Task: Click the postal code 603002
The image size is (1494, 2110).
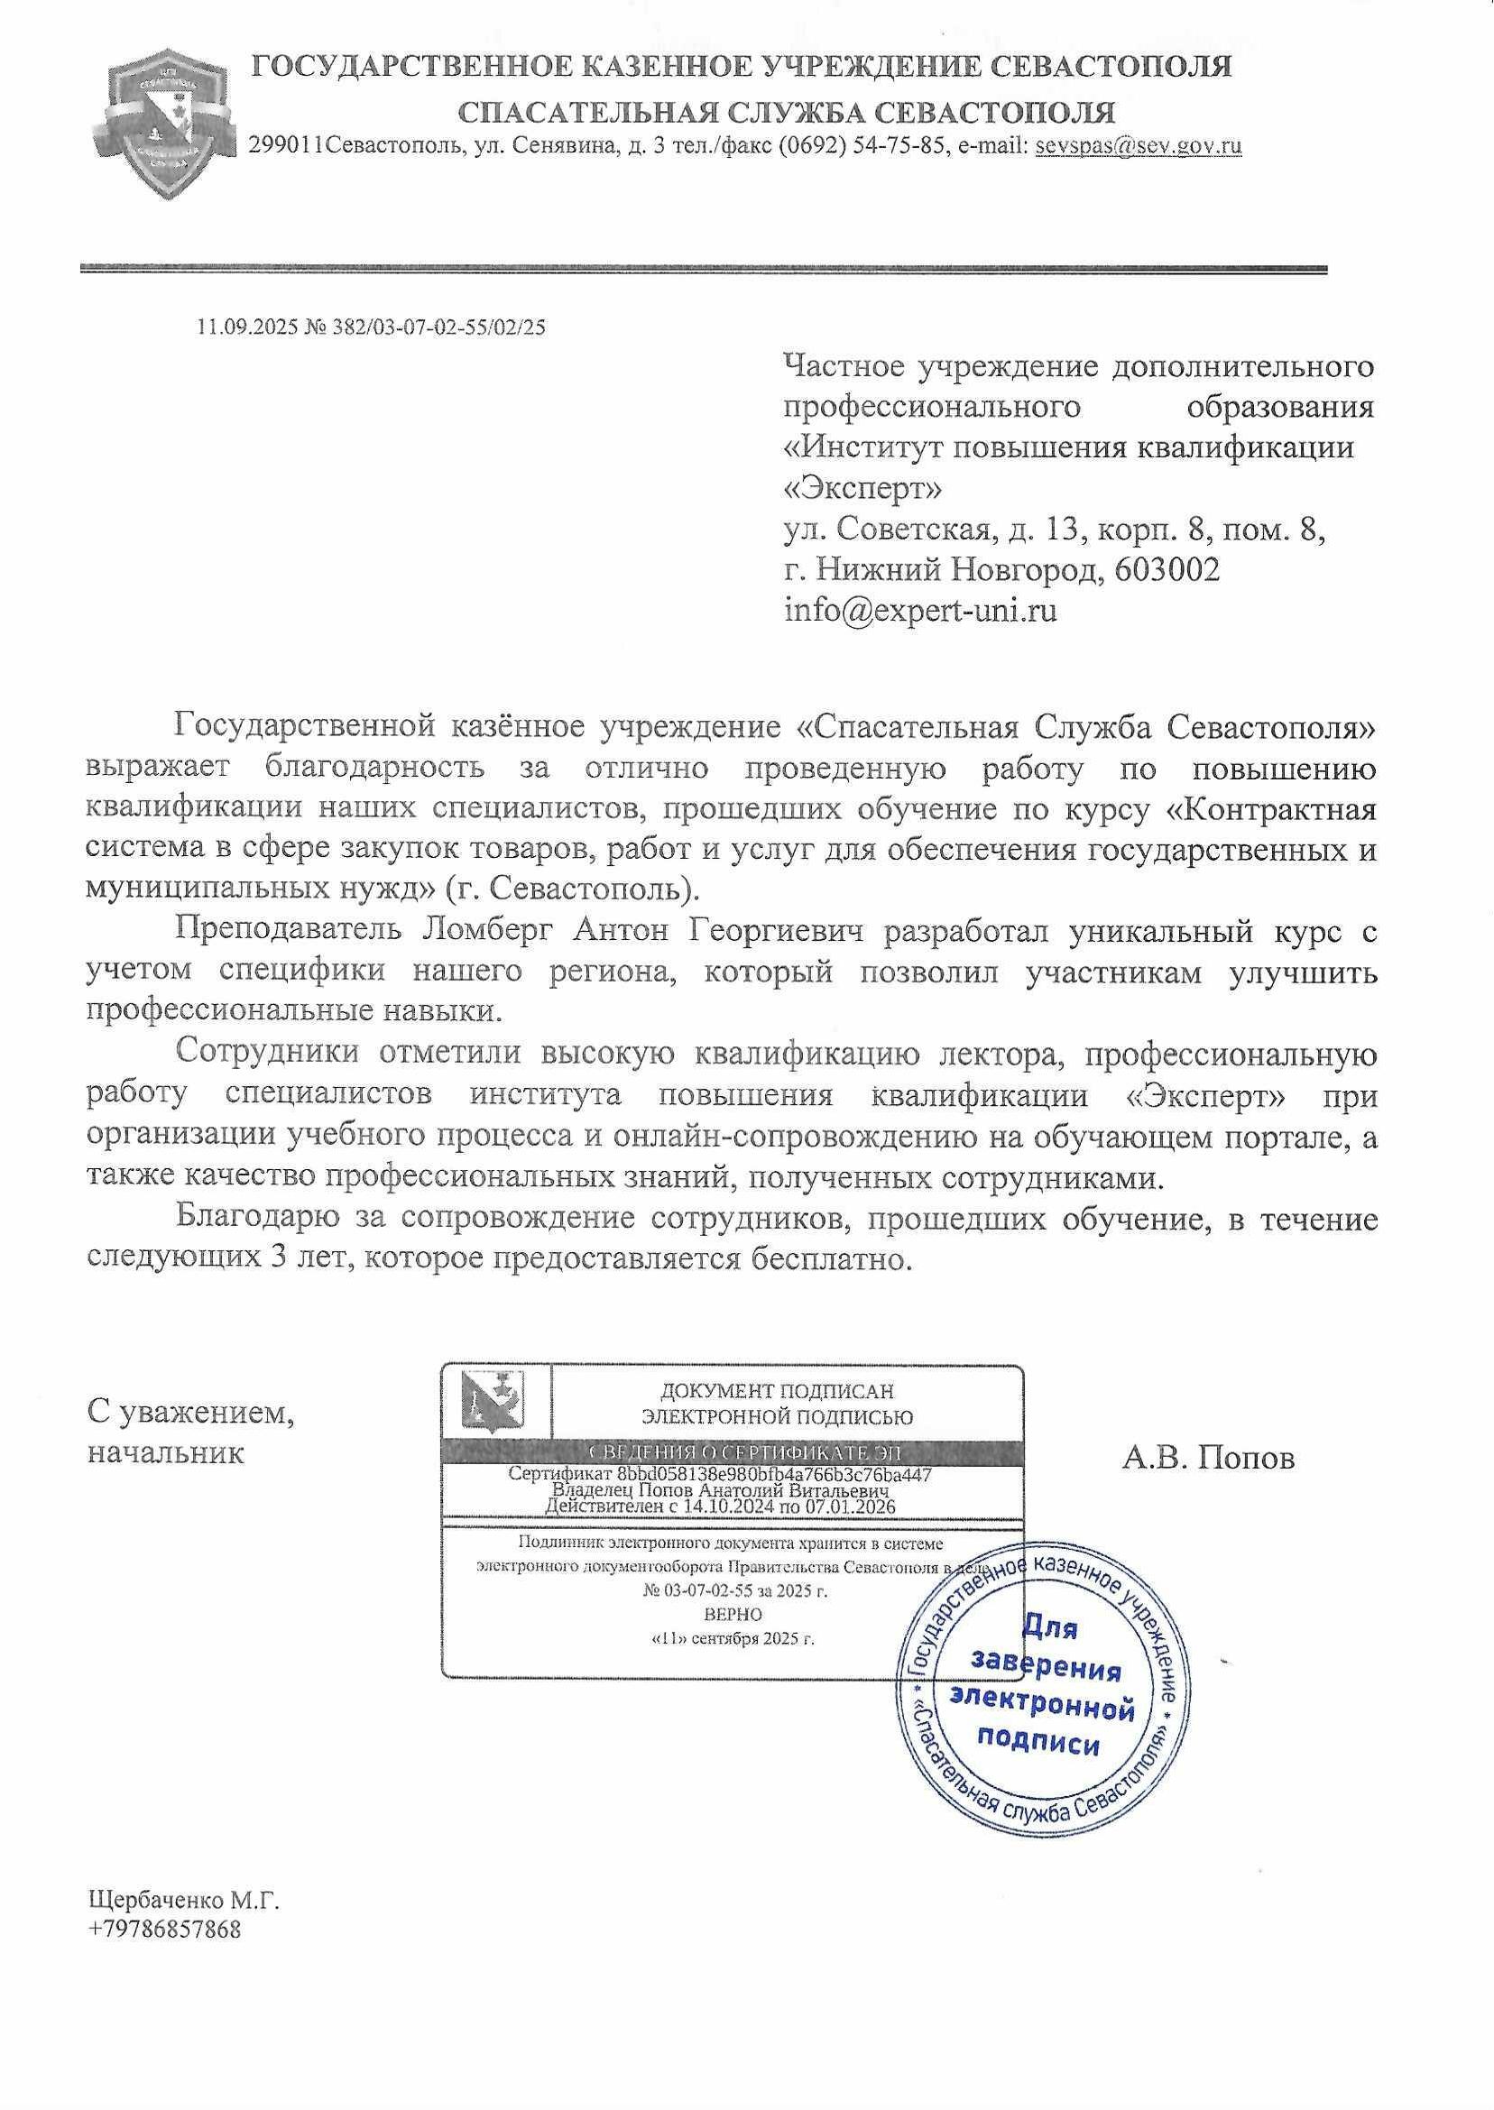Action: click(1167, 570)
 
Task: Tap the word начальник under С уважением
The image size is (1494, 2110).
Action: click(166, 1453)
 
